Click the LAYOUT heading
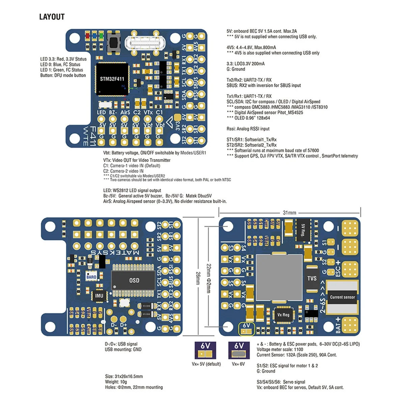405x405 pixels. [52, 17]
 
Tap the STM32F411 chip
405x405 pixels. [112, 79]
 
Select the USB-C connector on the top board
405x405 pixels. [142, 43]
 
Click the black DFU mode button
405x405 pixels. [113, 42]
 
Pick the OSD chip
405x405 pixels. [134, 280]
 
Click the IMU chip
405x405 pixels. [99, 296]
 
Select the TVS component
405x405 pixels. [312, 278]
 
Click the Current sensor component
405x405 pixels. [342, 297]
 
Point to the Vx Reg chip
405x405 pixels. [283, 315]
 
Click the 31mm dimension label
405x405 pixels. [289, 213]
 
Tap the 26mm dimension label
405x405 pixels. [198, 277]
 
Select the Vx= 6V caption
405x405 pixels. [238, 364]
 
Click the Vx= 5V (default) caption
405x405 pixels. [206, 364]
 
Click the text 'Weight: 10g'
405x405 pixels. [116, 382]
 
